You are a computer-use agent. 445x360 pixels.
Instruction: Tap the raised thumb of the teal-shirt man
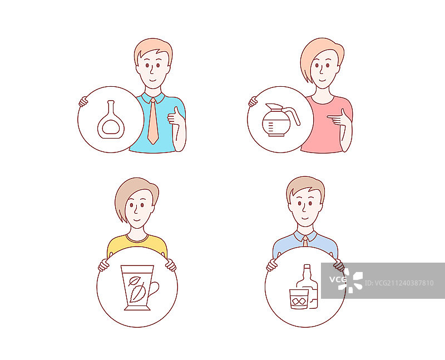(x=176, y=111)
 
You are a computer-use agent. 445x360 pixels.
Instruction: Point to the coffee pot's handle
(x=293, y=115)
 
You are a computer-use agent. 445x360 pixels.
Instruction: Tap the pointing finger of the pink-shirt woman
(x=332, y=116)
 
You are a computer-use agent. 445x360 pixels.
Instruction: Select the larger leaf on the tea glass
(x=138, y=293)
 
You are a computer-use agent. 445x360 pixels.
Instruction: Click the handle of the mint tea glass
(x=154, y=289)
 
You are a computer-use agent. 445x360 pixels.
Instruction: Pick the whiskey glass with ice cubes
(x=299, y=299)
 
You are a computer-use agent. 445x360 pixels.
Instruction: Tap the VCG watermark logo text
(x=338, y=279)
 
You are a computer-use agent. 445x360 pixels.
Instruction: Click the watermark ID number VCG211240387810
(x=399, y=283)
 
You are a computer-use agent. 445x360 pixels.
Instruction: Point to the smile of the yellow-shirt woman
(x=137, y=220)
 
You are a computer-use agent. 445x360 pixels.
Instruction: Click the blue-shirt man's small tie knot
(x=305, y=238)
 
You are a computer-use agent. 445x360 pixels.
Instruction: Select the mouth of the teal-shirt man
(x=153, y=80)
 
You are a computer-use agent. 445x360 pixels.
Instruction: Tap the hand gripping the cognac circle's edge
(x=83, y=101)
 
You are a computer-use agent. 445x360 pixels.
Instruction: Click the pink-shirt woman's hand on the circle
(x=253, y=101)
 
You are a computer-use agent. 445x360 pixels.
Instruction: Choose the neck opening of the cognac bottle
(x=111, y=101)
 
